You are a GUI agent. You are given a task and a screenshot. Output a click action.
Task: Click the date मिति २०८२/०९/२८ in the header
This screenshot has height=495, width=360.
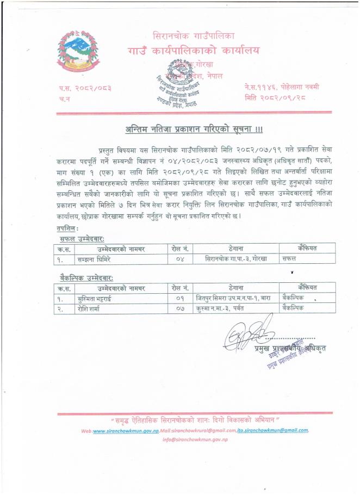274,97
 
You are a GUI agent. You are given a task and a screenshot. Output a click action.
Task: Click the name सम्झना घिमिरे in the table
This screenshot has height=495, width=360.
95,258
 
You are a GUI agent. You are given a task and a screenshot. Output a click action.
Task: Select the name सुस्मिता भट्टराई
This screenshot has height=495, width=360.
98,298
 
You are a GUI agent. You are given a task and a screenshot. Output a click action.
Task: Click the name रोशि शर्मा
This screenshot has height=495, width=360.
90,308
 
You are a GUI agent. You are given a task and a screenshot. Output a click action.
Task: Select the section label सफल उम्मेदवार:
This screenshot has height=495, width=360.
82,239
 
